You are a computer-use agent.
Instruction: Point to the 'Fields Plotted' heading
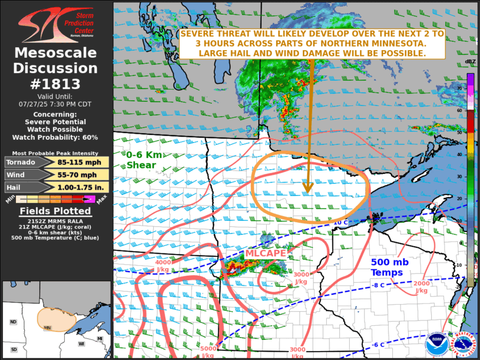point(55,211)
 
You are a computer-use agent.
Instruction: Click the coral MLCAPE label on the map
point(266,253)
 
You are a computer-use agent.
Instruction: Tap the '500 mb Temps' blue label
point(395,267)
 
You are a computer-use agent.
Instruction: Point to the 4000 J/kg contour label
point(164,266)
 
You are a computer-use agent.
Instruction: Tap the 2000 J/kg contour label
point(421,287)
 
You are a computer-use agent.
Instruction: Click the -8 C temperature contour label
point(379,286)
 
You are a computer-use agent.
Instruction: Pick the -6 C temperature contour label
point(379,345)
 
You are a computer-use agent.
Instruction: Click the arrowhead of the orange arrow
point(307,189)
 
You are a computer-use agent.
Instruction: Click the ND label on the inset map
point(13,322)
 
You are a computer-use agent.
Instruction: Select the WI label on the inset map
point(81,343)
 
